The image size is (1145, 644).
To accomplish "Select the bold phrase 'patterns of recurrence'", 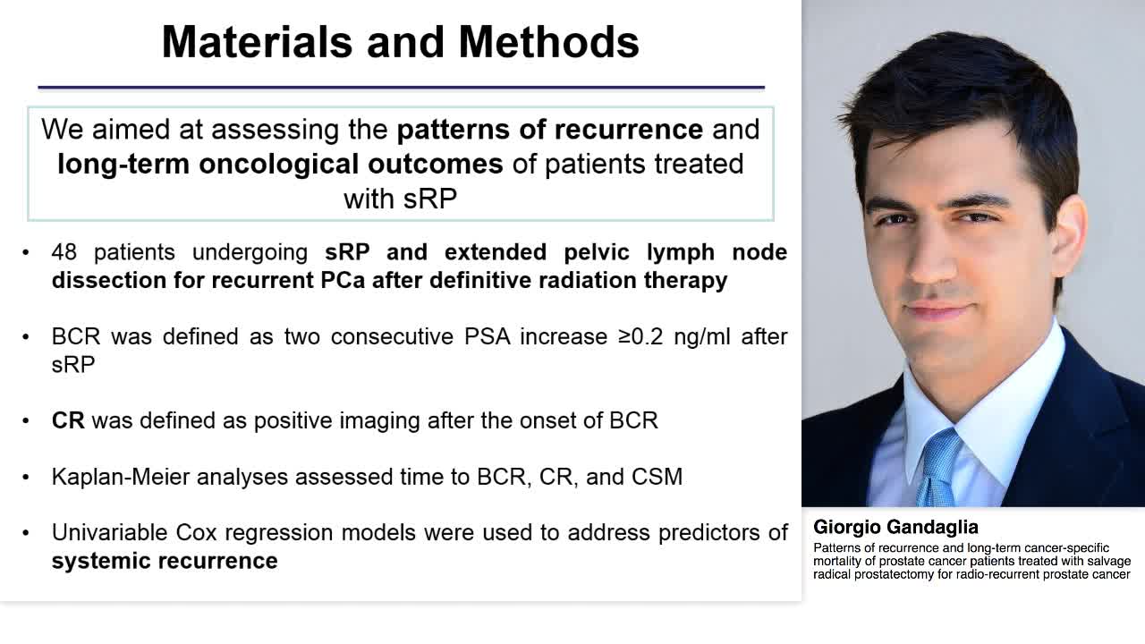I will (549, 129).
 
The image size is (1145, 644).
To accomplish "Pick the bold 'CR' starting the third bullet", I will (68, 420).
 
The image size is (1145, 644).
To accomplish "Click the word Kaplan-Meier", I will (122, 477).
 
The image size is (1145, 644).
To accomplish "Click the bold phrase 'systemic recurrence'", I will (165, 561).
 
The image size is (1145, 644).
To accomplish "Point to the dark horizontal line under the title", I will (401, 88).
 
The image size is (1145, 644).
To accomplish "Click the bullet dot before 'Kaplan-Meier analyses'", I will (27, 478).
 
